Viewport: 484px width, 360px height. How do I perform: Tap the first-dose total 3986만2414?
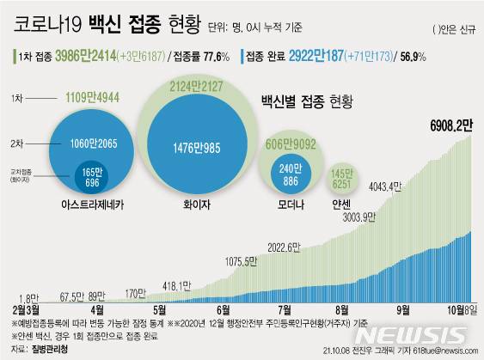click(106, 58)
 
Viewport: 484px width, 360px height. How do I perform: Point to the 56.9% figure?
click(422, 58)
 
